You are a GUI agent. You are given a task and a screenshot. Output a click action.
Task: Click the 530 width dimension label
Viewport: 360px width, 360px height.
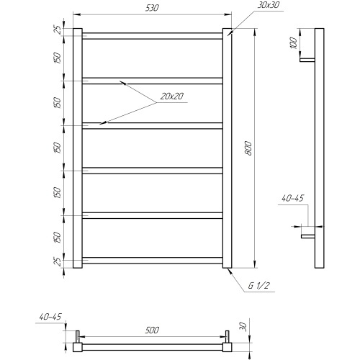click(x=152, y=8)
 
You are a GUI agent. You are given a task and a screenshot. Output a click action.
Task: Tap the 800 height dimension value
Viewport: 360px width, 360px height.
click(x=249, y=148)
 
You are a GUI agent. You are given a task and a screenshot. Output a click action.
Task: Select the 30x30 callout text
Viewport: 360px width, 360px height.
click(x=269, y=5)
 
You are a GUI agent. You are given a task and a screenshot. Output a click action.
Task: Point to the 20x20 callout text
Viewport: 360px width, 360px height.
click(x=171, y=96)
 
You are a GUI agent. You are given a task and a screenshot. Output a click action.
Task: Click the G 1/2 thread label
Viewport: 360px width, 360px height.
click(x=259, y=286)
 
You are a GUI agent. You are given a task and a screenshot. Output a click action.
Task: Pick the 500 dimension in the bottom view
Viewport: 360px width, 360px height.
click(x=152, y=330)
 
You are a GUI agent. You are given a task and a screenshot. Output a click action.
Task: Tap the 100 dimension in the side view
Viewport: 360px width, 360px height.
click(x=294, y=43)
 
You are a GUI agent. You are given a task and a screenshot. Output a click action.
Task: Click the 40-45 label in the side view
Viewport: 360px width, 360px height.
click(x=293, y=198)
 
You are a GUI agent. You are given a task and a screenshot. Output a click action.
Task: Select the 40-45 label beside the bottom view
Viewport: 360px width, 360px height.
click(x=50, y=317)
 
